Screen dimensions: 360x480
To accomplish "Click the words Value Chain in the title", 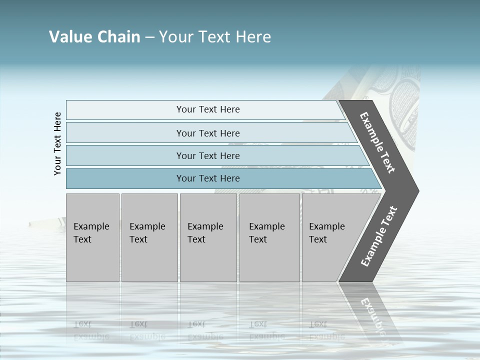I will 94,37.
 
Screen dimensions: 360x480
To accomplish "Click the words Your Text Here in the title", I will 215,37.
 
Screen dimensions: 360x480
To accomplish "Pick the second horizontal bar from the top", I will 207,133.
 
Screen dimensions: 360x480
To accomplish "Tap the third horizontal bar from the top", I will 207,155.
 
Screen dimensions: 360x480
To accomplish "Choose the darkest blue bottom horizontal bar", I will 207,178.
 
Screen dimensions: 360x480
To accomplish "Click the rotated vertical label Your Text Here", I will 58,143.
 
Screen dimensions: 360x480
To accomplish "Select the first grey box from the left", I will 92,237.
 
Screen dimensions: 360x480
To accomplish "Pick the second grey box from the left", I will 149,237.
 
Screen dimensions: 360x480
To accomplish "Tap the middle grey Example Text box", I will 208,237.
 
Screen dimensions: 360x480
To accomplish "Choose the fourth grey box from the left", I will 269,237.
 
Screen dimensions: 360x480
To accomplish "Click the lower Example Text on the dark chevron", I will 379,236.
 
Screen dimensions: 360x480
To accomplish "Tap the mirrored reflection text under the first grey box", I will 91,330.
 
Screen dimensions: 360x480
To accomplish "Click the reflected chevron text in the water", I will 372,315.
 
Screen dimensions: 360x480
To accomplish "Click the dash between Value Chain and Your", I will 149,37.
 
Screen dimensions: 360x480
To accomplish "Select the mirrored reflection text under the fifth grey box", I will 326,330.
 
